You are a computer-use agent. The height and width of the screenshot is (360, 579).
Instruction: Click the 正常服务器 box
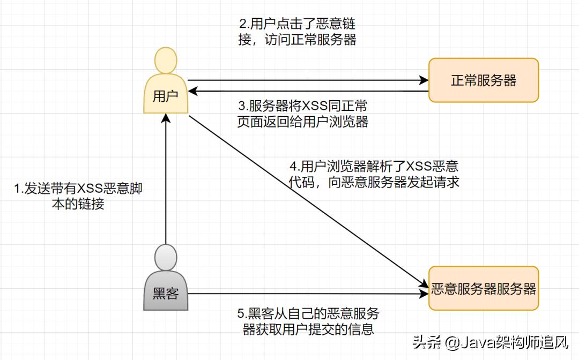[x=483, y=80]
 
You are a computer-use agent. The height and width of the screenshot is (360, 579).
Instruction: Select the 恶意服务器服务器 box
[x=483, y=289]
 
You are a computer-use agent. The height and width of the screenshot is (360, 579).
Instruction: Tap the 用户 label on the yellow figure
[x=166, y=96]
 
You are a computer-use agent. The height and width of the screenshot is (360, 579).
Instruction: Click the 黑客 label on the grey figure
[x=166, y=293]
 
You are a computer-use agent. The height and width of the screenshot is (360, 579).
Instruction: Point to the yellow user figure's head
[x=166, y=60]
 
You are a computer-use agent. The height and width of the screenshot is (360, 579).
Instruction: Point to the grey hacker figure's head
[x=166, y=258]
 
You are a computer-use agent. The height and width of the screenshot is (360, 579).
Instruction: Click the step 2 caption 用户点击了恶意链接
[x=298, y=32]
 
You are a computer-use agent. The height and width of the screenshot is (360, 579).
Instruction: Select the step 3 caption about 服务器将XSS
[x=303, y=113]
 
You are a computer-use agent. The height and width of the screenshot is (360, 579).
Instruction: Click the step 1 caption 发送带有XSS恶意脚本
[x=78, y=196]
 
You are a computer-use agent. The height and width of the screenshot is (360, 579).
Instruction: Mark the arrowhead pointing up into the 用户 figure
[x=166, y=118]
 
